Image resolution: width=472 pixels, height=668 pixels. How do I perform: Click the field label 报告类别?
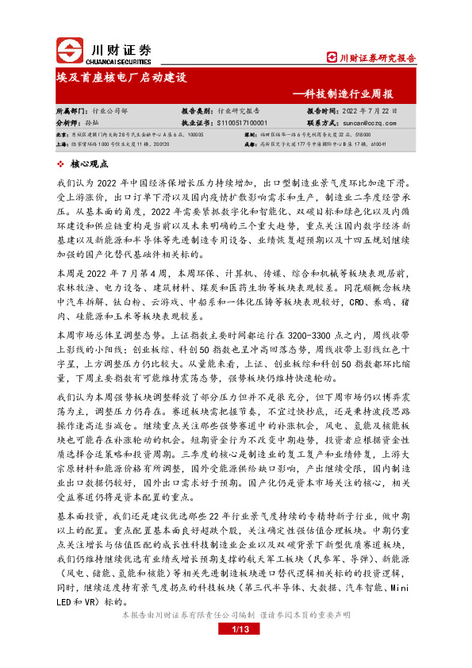pos(198,112)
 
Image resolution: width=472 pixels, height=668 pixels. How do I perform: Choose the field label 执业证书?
pos(198,123)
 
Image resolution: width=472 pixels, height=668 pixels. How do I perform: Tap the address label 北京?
pos(61,136)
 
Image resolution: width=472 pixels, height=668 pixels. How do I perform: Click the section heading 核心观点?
pos(89,163)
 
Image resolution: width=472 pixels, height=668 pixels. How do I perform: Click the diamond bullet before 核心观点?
pos(62,163)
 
